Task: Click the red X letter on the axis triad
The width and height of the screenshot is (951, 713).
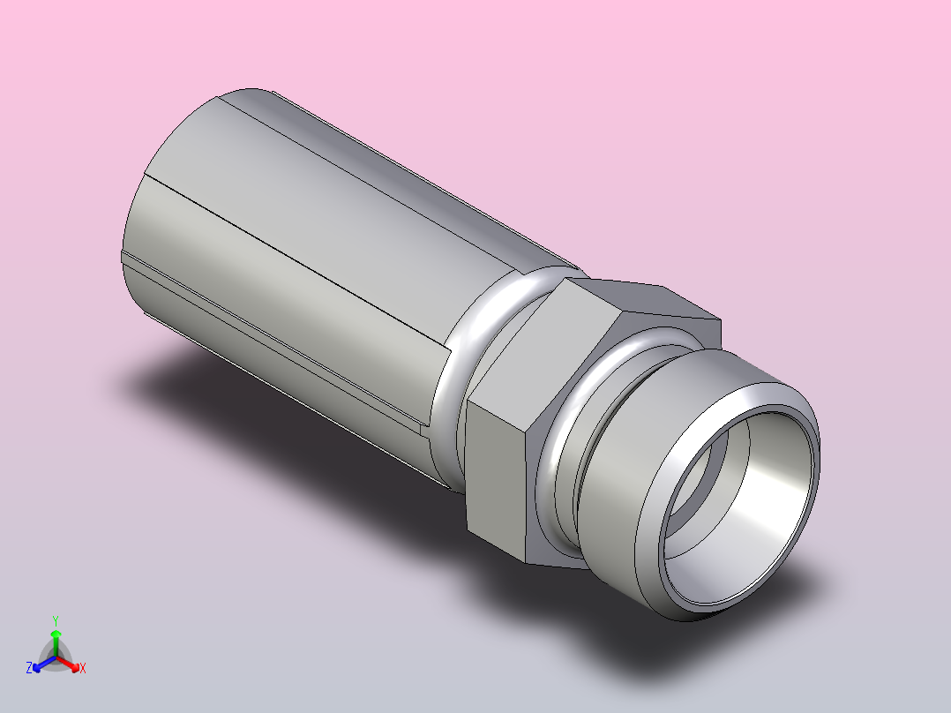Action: (82, 669)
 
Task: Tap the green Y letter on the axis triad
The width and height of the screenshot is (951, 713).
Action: (55, 620)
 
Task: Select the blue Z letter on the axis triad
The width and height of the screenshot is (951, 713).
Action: (29, 669)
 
